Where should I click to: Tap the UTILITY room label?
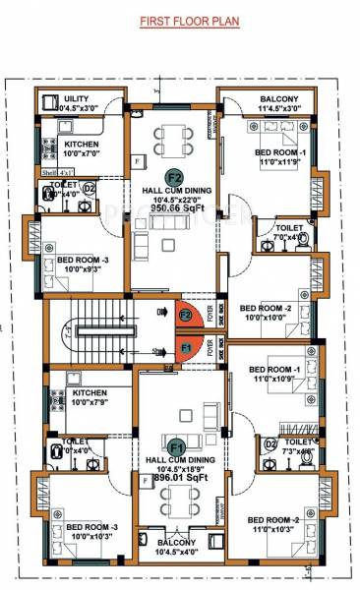tap(76, 99)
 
